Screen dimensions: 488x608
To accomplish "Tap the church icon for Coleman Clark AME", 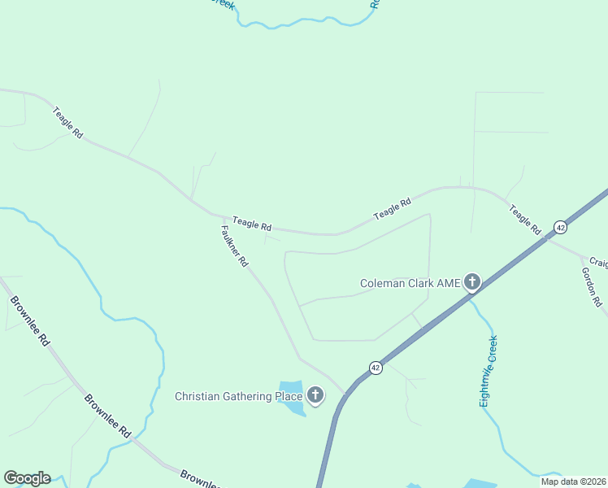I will click(472, 283).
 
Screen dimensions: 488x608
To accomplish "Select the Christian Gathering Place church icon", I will click(315, 396).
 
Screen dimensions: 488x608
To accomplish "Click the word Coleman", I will click(384, 284).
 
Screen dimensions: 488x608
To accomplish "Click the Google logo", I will click(27, 478).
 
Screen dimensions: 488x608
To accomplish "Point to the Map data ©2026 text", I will click(574, 481).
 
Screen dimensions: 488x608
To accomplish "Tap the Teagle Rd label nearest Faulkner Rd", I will click(251, 222).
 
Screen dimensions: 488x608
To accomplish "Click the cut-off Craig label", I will click(599, 262).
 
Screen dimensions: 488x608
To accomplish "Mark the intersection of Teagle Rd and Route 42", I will click(549, 237).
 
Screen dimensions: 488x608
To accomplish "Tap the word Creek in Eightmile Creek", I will click(492, 348).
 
